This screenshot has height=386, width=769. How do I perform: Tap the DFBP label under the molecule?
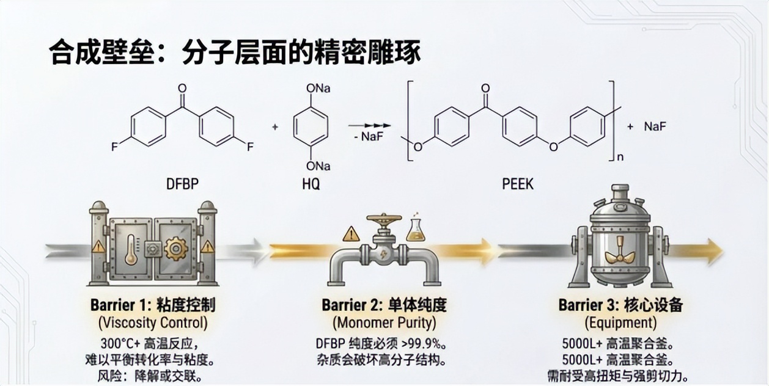click(x=182, y=183)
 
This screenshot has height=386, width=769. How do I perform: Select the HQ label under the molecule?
click(x=311, y=183)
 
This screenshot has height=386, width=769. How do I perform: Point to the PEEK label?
click(x=517, y=183)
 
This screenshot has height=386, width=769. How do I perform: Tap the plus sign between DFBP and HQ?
click(x=275, y=127)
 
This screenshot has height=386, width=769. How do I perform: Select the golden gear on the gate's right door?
click(x=177, y=249)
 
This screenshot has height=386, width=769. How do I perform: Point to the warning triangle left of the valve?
click(x=351, y=234)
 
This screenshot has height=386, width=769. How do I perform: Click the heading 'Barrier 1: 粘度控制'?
click(x=153, y=304)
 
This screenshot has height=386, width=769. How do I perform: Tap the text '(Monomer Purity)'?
click(x=384, y=322)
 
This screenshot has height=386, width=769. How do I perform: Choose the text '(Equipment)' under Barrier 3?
click(x=620, y=322)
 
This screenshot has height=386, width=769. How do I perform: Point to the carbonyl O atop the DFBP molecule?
click(x=182, y=89)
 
